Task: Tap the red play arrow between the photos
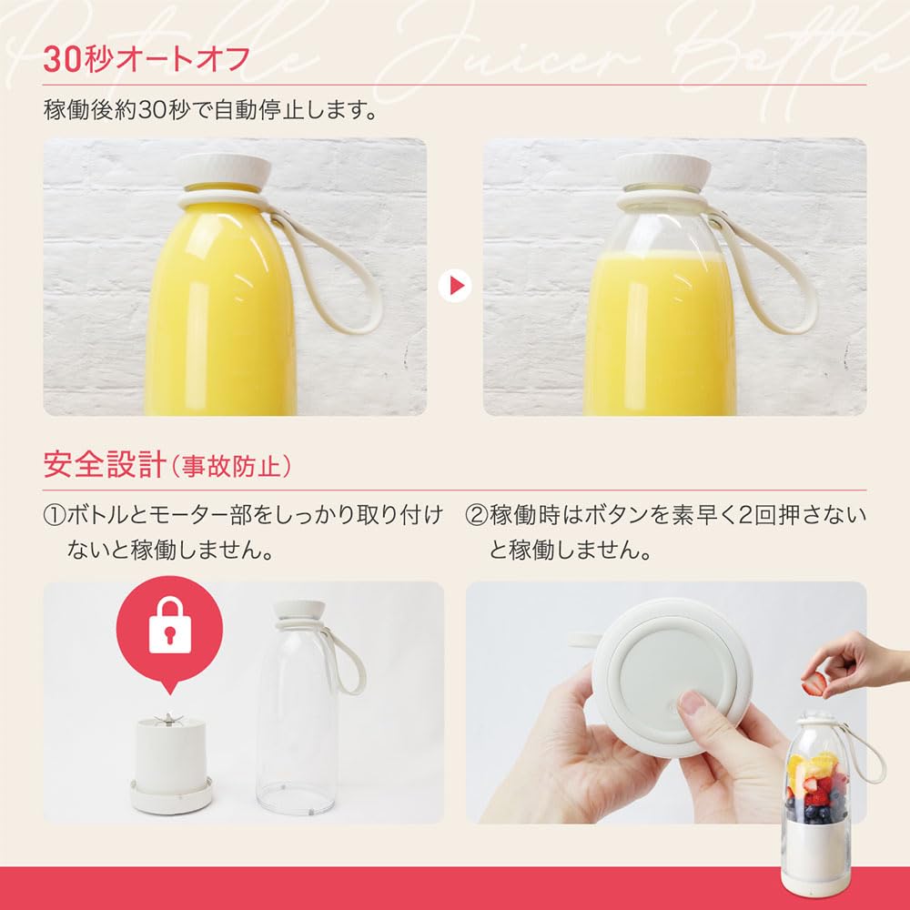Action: click(x=454, y=287)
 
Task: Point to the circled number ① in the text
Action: click(x=54, y=516)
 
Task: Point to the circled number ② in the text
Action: click(x=476, y=516)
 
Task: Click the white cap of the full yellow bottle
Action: click(x=223, y=171)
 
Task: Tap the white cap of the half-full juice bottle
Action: click(x=662, y=171)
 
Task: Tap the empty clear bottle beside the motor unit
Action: click(x=296, y=728)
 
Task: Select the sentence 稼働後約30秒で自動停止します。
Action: click(x=210, y=111)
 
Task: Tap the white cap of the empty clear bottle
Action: click(x=300, y=612)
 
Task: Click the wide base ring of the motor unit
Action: click(x=170, y=796)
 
